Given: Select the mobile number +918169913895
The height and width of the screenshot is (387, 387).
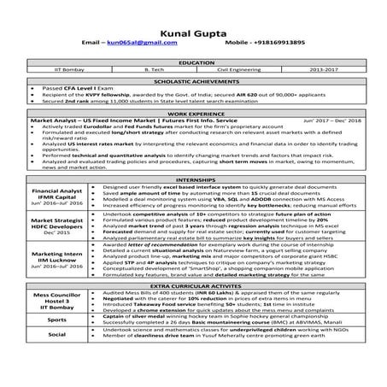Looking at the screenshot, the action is tap(269, 42).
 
